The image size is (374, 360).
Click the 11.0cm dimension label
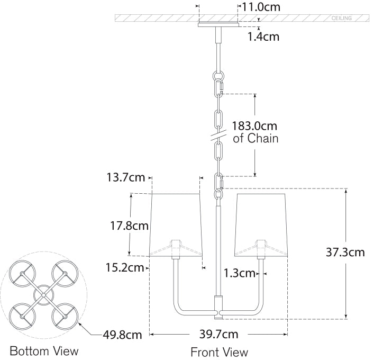(261, 7)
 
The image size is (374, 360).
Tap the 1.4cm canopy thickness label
(263, 37)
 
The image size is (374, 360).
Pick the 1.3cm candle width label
(239, 273)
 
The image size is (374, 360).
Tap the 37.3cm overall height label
(345, 252)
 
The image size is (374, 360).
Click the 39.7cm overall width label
(218, 334)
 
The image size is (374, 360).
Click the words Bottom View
(44, 351)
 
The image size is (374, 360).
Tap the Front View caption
(218, 352)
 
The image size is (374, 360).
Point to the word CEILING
(342, 18)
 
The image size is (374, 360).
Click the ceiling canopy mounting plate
(218, 24)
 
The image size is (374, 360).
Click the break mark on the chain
(217, 137)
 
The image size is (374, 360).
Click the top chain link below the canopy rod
(217, 84)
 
